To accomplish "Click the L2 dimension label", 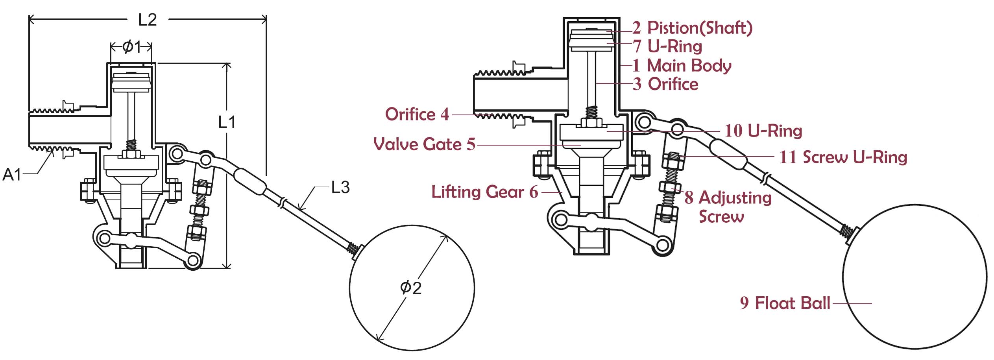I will click(148, 20).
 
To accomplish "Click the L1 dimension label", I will click(227, 122).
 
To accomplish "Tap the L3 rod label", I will click(340, 187).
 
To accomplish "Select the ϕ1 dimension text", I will click(131, 47).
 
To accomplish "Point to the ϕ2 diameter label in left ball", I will click(410, 288).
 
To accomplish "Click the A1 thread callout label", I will click(11, 174).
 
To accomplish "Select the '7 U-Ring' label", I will click(668, 46).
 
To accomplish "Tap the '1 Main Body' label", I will click(682, 65).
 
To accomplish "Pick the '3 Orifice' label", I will click(665, 84).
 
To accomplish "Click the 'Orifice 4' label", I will click(417, 114).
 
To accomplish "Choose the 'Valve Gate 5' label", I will click(424, 144).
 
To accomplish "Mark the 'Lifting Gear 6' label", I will click(484, 192).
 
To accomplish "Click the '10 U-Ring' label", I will click(763, 131).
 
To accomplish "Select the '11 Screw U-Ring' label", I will click(843, 157).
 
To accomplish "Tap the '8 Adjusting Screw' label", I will click(728, 207).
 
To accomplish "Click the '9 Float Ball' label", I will click(785, 303).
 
